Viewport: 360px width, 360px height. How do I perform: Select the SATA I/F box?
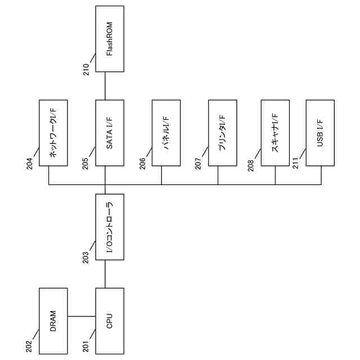(110, 133)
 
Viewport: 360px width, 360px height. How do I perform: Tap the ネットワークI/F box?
(53, 133)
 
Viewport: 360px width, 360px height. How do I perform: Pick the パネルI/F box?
(166, 133)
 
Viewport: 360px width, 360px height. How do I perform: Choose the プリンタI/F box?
(222, 133)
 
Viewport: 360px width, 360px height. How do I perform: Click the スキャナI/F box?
(276, 133)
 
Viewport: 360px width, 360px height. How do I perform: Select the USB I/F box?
(320, 133)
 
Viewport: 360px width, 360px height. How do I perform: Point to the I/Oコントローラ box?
(110, 230)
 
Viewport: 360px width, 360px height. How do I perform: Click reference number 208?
(251, 163)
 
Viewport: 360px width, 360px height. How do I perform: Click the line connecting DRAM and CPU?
(82, 316)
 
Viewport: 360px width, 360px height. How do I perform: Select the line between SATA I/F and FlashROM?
(105, 86)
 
